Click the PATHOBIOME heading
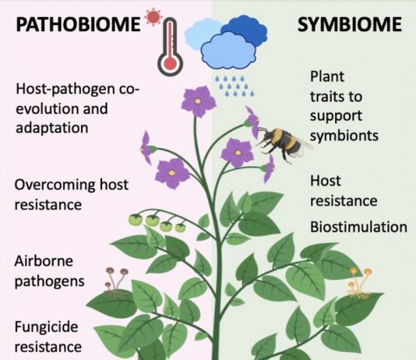pyautogui.click(x=78, y=24)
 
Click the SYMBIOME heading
pyautogui.click(x=350, y=24)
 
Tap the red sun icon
pyautogui.click(x=153, y=16)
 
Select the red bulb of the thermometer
pyautogui.click(x=170, y=63)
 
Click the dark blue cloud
pyautogui.click(x=244, y=29)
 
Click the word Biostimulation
pyautogui.click(x=358, y=227)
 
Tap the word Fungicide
pyautogui.click(x=46, y=326)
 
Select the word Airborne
pyautogui.click(x=44, y=261)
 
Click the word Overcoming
pyautogui.click(x=55, y=185)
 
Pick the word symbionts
pyautogui.click(x=344, y=136)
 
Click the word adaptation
pyautogui.click(x=52, y=129)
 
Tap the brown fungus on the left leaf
pyautogui.click(x=115, y=282)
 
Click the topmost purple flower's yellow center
pyautogui.click(x=198, y=101)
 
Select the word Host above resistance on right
pyautogui.click(x=326, y=181)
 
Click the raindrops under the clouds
pyautogui.click(x=234, y=86)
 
